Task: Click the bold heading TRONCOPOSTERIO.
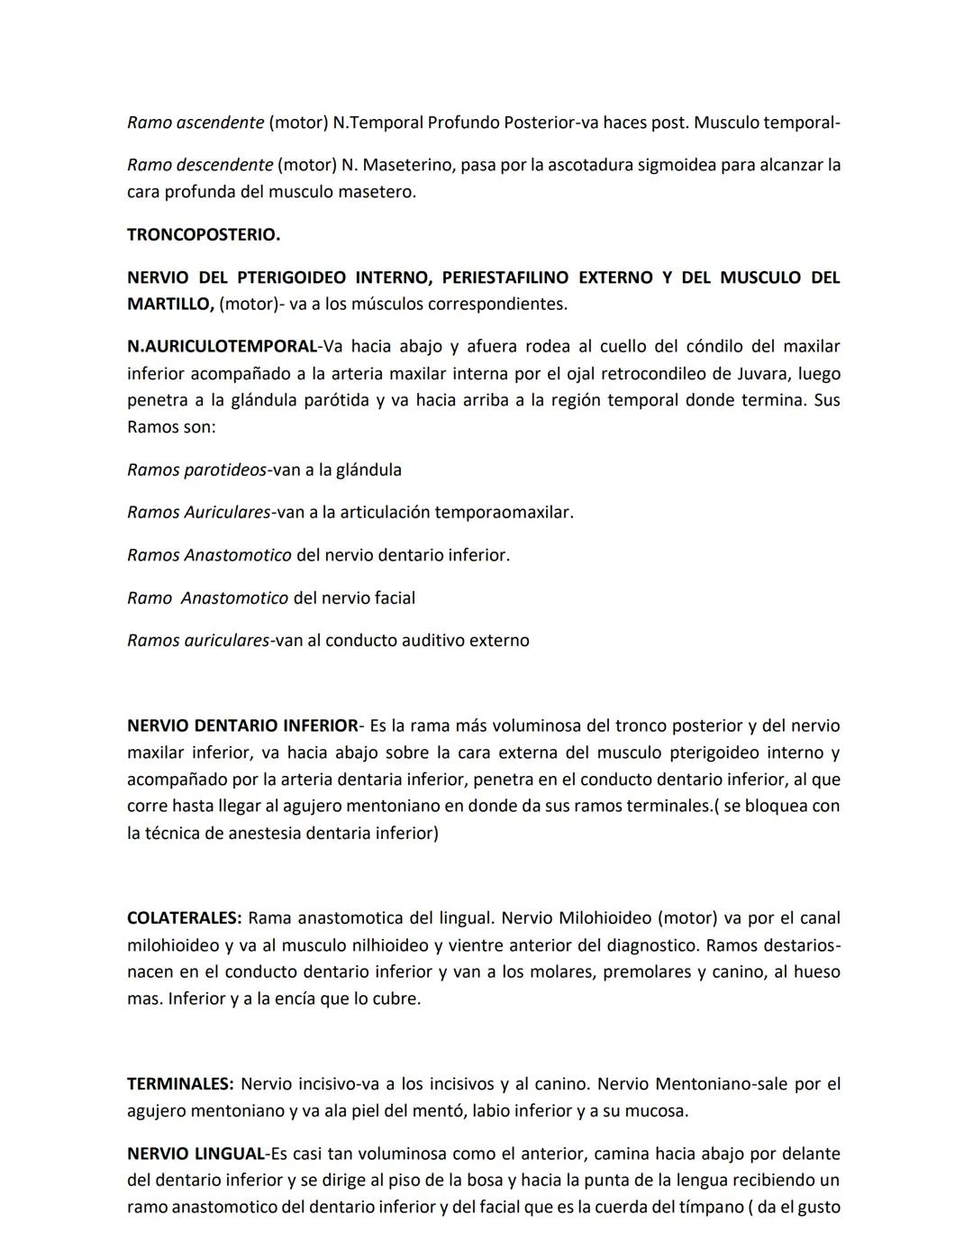coord(203,235)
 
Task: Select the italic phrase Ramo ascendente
coord(195,123)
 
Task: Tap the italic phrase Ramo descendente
coord(199,166)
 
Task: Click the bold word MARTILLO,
coord(170,305)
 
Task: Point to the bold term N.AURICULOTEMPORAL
coord(222,347)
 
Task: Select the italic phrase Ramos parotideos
coord(196,470)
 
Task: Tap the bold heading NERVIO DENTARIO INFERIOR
coord(241,726)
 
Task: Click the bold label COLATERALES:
coord(184,919)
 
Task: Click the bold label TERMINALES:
coord(180,1085)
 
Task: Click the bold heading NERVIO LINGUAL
coord(195,1154)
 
